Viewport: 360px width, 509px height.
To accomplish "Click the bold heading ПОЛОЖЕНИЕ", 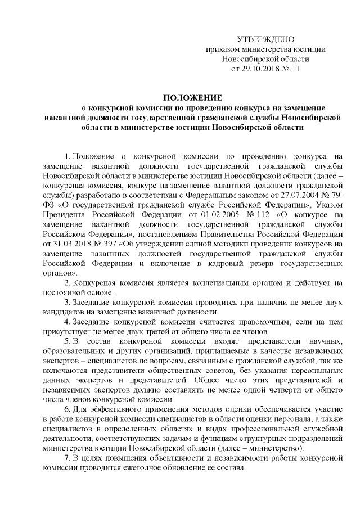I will pos(193,98).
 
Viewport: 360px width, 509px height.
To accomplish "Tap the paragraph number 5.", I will pos(67,343).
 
